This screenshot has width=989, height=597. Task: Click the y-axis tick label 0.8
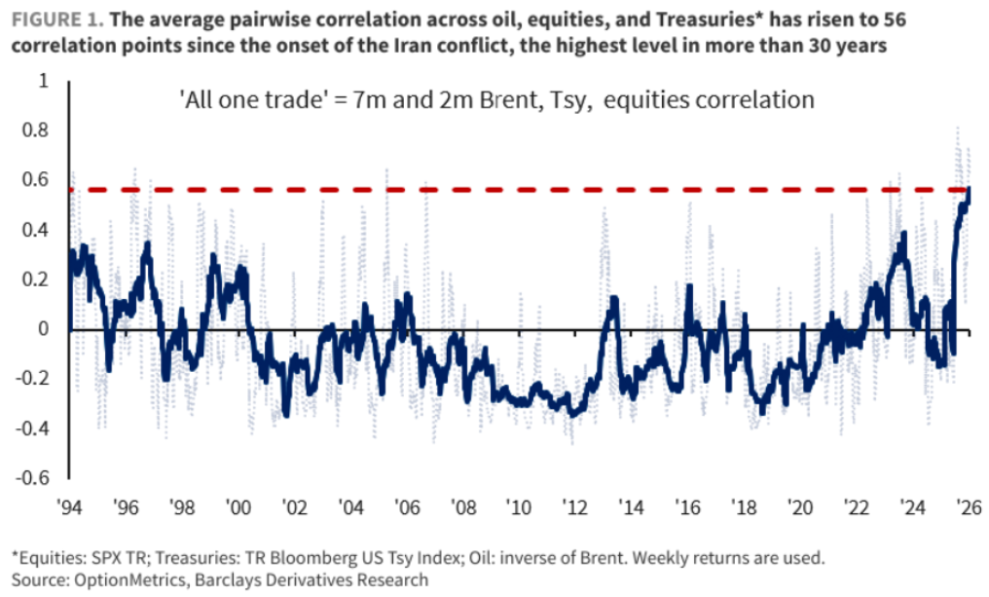click(35, 130)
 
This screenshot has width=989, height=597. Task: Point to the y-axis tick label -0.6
click(32, 477)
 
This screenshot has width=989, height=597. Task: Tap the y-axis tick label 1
click(44, 80)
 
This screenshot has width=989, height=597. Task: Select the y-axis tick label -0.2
click(32, 378)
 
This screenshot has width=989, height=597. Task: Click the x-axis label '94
click(69, 506)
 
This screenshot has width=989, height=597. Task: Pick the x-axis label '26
click(969, 506)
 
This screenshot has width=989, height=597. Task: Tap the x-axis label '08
click(463, 506)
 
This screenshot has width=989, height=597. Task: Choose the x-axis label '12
click(575, 506)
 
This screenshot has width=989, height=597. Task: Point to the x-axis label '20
click(800, 506)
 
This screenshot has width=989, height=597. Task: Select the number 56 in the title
click(895, 19)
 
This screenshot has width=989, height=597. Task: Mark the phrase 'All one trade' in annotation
click(252, 99)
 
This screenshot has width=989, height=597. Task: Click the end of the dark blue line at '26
click(969, 188)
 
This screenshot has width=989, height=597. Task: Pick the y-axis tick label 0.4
click(35, 229)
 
